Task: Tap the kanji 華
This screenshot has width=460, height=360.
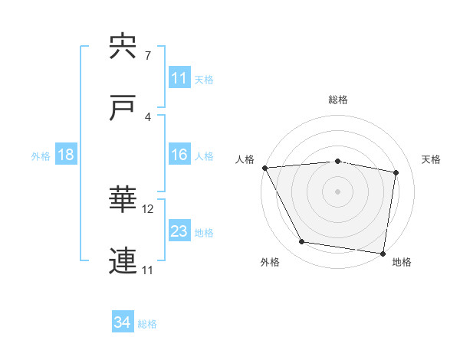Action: tap(124, 200)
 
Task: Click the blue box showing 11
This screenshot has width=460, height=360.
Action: tap(179, 78)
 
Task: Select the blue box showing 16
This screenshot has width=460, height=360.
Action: tap(179, 155)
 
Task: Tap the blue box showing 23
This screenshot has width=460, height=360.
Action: tap(179, 231)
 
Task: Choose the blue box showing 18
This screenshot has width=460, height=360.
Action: tap(66, 155)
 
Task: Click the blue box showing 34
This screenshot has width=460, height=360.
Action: tap(123, 323)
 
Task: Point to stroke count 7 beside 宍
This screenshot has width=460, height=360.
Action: tap(148, 56)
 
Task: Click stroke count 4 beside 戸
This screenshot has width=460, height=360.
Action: tap(148, 116)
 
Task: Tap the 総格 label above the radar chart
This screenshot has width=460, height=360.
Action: tap(338, 100)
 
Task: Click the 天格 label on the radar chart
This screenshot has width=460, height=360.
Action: tap(432, 159)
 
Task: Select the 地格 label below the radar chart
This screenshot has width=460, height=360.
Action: tap(402, 263)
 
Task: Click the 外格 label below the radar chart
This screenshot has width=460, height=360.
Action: tap(270, 263)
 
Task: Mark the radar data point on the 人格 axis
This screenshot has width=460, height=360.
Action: tap(264, 168)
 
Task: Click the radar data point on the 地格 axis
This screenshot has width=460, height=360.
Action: tap(383, 253)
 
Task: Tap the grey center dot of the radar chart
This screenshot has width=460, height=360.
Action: tap(338, 191)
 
